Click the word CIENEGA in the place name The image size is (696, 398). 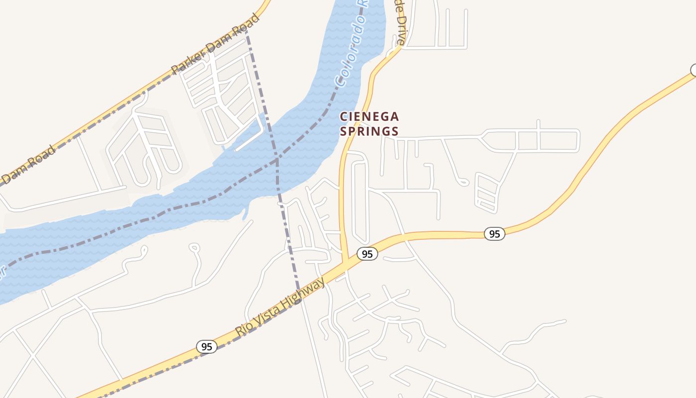click(369, 116)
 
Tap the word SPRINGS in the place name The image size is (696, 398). click(369, 131)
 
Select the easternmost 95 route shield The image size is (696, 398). click(494, 234)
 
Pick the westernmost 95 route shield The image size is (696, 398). click(207, 347)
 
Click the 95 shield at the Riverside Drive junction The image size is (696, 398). click(367, 254)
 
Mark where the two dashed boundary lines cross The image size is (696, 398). click(277, 160)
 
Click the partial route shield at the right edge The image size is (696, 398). click(693, 70)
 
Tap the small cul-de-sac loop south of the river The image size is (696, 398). click(194, 247)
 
